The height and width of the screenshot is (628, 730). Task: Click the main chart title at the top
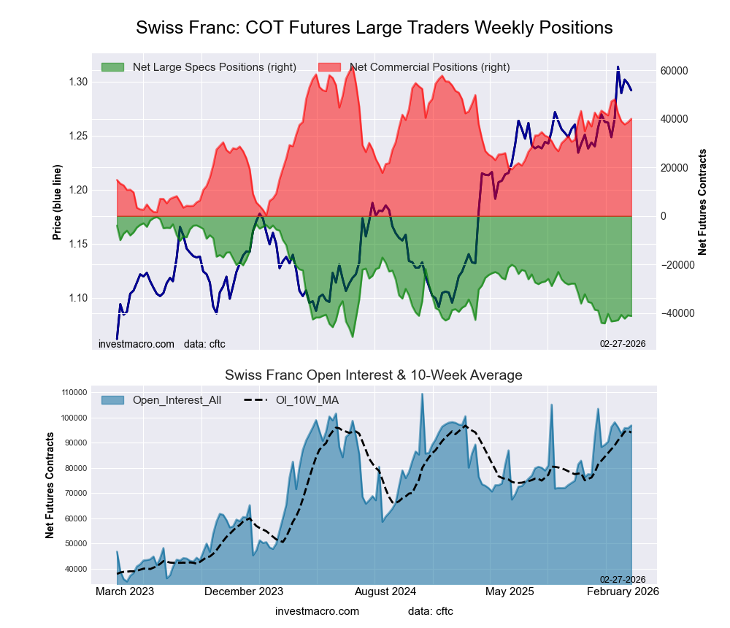(x=374, y=28)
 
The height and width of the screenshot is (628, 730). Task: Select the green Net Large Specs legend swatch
(x=113, y=67)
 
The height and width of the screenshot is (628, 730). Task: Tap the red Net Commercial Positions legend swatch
(x=330, y=67)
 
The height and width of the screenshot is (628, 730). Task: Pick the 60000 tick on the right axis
(x=675, y=71)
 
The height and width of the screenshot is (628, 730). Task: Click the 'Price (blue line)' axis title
(x=57, y=202)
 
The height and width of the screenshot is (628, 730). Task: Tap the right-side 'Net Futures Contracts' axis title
(x=702, y=202)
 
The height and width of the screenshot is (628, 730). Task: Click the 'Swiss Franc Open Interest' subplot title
(x=373, y=375)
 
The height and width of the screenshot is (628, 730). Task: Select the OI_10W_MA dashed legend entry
(x=292, y=399)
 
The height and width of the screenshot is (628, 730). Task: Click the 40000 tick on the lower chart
(x=75, y=569)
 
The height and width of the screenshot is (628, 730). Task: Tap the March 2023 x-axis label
(x=125, y=591)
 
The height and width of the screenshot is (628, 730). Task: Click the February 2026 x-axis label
(x=623, y=591)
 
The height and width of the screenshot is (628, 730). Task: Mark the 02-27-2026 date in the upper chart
(x=623, y=342)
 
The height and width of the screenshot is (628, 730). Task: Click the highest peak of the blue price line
(x=618, y=67)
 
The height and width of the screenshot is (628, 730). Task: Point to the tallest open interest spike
(x=422, y=394)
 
